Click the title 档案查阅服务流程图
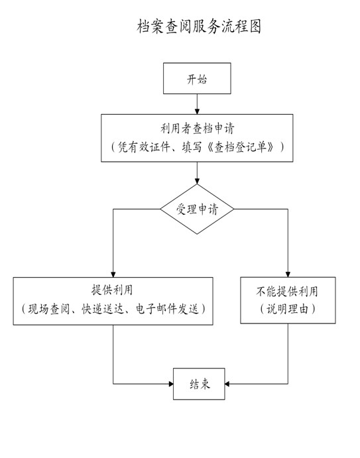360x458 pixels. pos(199,27)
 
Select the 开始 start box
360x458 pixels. pos(197,78)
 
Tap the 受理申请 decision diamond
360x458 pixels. pos(197,209)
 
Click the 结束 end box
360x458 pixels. pos(199,384)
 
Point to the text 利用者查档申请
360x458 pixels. pos(198,128)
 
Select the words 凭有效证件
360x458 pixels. pos(144,147)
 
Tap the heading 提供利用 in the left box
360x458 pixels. pos(112,290)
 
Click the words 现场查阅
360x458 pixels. pos(49,309)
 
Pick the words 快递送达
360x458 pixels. pos(103,309)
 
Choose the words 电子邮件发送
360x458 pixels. pos(167,309)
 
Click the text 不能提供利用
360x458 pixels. pos(287,291)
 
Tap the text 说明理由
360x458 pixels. pos(288,309)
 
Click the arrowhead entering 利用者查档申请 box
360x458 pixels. pos(197,111)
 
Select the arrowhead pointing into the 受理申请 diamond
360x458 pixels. pos(197,181)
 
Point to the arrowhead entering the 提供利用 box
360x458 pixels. pos(113,274)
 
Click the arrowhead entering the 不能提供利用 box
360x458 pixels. pos(288,274)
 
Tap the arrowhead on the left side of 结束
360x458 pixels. pos(171,384)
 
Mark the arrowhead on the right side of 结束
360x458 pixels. pos(227,384)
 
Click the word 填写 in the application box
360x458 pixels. pos(192,147)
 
